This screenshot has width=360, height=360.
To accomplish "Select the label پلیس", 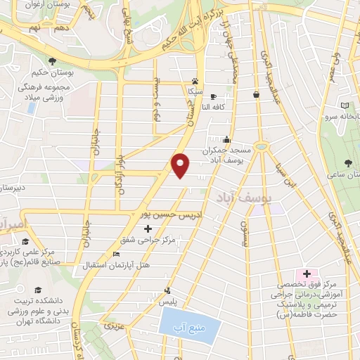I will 166,300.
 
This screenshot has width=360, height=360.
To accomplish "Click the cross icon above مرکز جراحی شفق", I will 147,229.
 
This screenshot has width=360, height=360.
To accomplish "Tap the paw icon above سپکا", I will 195,80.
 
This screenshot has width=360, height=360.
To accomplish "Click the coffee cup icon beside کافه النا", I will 214,96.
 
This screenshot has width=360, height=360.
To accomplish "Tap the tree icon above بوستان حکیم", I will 53,60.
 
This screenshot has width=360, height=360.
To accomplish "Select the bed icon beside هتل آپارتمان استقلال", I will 117,254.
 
